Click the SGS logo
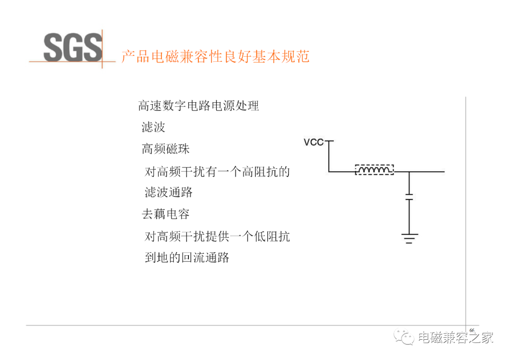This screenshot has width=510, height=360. pyautogui.click(x=73, y=48)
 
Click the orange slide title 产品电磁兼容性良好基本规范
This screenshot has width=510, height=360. pyautogui.click(x=215, y=56)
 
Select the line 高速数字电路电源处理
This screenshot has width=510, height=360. pyautogui.click(x=198, y=106)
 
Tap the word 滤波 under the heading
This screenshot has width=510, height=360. pyautogui.click(x=153, y=127)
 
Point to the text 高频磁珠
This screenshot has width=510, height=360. pyautogui.click(x=166, y=149)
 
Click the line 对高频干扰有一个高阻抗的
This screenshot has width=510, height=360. pyautogui.click(x=217, y=172)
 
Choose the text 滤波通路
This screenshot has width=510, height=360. pyautogui.click(x=169, y=193)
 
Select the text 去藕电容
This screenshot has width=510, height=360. pyautogui.click(x=166, y=214)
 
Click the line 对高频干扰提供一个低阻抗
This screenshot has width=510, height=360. pyautogui.click(x=217, y=236)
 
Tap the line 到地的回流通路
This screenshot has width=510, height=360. pyautogui.click(x=187, y=258)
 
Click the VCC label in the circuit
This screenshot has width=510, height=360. pyautogui.click(x=314, y=142)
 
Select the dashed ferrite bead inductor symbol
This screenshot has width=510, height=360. pyautogui.click(x=374, y=169)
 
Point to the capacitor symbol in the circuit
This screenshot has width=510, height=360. pyautogui.click(x=409, y=197)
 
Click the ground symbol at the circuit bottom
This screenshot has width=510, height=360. pyautogui.click(x=409, y=238)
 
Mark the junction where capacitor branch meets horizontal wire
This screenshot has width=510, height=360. pyautogui.click(x=409, y=172)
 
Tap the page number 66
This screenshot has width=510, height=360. pyautogui.click(x=472, y=330)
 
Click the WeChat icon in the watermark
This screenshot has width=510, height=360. pyautogui.click(x=404, y=337)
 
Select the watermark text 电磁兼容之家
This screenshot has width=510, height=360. pyautogui.click(x=456, y=337)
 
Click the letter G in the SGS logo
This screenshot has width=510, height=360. pyautogui.click(x=73, y=48)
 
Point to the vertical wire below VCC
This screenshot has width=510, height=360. pyautogui.click(x=329, y=156)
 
